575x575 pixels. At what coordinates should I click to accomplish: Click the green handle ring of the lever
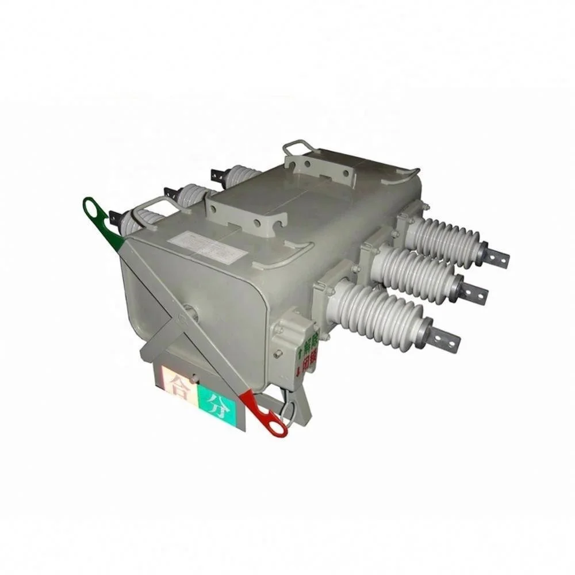pyautogui.click(x=92, y=209)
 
